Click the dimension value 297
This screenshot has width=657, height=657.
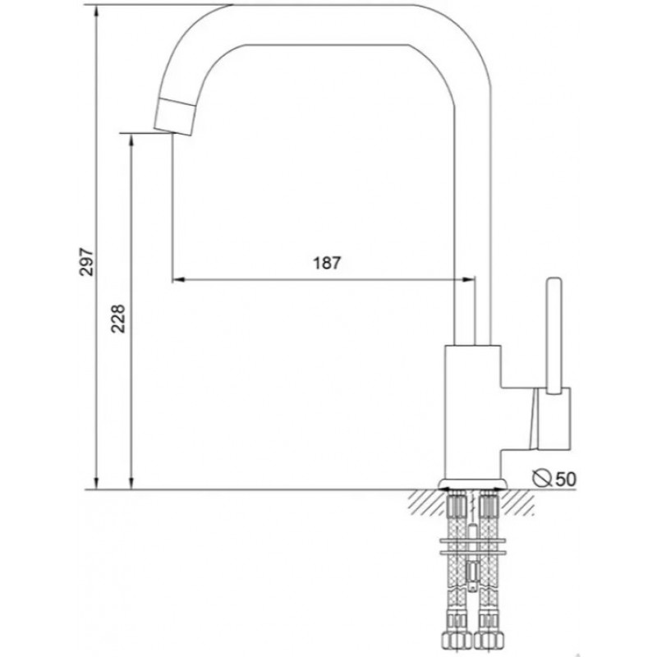[x=87, y=262]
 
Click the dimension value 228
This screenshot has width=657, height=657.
[x=118, y=319]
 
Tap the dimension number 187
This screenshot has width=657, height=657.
[x=327, y=263]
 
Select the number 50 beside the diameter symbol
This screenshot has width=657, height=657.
[x=566, y=479]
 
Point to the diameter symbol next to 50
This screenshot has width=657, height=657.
[x=541, y=478]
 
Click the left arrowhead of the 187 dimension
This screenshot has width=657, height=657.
[x=178, y=279]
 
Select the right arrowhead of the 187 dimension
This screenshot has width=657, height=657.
[x=468, y=279]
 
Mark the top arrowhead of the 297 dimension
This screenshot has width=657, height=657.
[x=97, y=11]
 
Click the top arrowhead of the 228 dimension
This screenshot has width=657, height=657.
[x=131, y=140]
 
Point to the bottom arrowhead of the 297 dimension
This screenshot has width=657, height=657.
[x=97, y=483]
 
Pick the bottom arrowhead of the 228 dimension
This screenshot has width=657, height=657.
[x=131, y=483]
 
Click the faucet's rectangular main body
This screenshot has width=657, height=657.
[x=473, y=413]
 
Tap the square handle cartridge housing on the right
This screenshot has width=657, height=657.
[x=554, y=419]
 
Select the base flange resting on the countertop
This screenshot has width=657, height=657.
[x=473, y=485]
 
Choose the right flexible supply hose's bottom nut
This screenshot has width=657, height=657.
[x=488, y=638]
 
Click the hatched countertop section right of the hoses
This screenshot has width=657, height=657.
[x=518, y=502]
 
